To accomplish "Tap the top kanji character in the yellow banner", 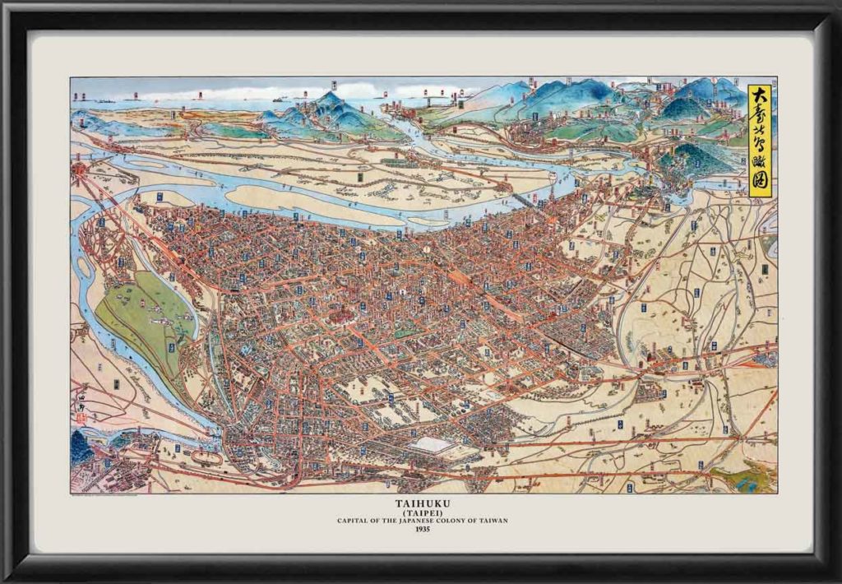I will pyautogui.click(x=759, y=93).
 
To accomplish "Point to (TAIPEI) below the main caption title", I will pyautogui.click(x=422, y=511).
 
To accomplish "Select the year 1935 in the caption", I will pyautogui.click(x=422, y=529).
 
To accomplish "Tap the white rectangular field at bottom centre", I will pyautogui.click(x=433, y=445).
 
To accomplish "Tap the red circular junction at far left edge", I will pyautogui.click(x=81, y=169).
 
